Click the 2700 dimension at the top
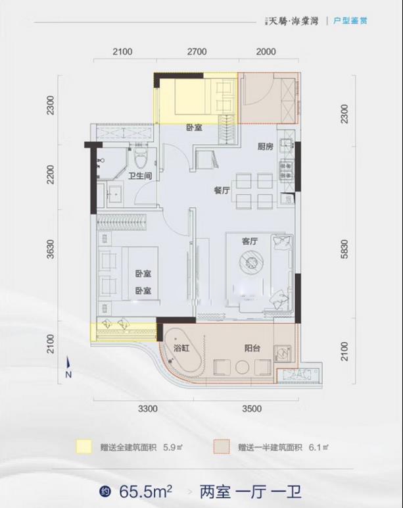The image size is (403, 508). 196,52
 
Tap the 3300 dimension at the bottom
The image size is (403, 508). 149,409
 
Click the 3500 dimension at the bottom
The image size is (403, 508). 252,409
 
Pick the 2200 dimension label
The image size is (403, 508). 52,174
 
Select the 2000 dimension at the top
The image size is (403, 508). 266,52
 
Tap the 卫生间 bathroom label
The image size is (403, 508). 140,176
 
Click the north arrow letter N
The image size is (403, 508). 68,374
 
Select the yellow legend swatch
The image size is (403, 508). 83,447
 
